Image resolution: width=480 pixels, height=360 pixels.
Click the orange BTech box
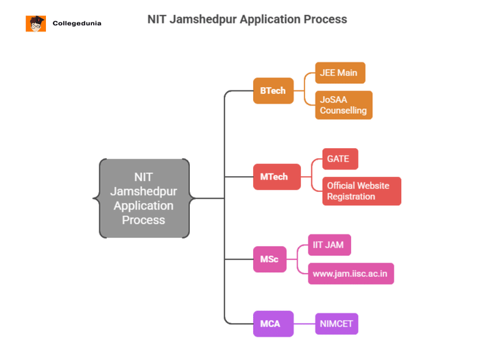point(273,91)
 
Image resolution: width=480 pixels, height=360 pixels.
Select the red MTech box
point(276,177)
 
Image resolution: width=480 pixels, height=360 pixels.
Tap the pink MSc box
point(269,259)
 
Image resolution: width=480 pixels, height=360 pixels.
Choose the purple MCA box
point(272,324)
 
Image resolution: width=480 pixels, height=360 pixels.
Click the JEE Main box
point(340,73)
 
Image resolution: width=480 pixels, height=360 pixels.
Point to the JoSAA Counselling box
point(344,105)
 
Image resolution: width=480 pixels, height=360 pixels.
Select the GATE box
point(339,158)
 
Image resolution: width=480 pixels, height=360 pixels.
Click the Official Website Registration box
point(361,191)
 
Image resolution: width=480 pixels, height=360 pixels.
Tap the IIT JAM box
point(329,245)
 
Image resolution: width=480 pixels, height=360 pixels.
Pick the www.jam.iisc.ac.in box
point(350,274)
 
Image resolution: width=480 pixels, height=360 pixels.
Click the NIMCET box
point(337,324)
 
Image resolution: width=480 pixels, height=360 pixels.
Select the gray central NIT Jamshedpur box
point(144,198)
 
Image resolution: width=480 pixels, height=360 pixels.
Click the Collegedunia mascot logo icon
point(36,23)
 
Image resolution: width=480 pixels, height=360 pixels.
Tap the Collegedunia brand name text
point(77,23)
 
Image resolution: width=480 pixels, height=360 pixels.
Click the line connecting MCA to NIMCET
point(304,324)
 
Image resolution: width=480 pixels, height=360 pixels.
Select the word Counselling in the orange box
point(344,110)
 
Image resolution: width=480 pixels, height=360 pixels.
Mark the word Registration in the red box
point(351,197)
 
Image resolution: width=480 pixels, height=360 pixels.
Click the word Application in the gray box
point(144,206)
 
